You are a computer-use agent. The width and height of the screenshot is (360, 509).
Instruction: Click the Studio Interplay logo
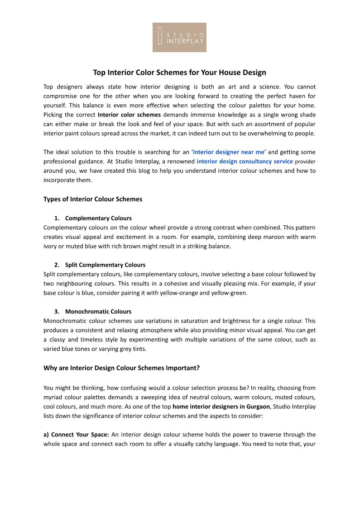tap(179, 37)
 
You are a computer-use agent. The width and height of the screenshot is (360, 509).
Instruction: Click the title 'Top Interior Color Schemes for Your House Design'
tap(179, 73)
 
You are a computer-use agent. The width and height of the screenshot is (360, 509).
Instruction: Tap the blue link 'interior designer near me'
tap(228, 152)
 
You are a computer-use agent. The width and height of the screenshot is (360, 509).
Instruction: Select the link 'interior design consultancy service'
tap(245, 161)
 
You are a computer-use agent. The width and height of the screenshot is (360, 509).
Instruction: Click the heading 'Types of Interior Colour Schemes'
tap(93, 199)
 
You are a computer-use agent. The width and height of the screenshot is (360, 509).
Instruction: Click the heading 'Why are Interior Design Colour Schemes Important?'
tap(121, 368)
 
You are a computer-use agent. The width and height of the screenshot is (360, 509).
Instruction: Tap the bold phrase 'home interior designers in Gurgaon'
tap(219, 406)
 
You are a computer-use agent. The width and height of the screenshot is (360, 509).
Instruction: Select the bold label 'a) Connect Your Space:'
tap(76, 435)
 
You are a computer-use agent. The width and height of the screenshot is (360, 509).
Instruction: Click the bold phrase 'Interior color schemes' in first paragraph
tap(129, 115)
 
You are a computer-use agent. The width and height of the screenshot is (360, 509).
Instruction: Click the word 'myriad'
tap(53, 397)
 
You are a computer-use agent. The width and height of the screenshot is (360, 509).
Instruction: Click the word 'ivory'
tap(52, 246)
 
